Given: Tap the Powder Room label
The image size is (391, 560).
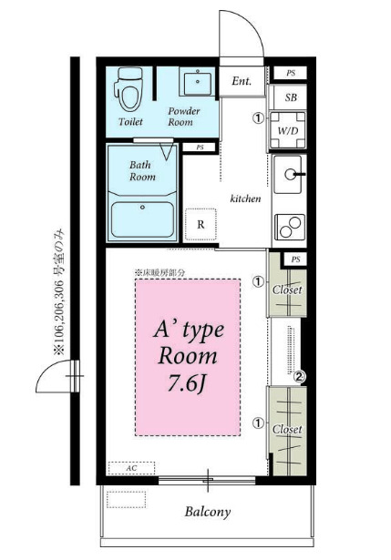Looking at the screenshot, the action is click(x=184, y=117).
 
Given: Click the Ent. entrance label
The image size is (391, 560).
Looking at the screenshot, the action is click(x=242, y=81).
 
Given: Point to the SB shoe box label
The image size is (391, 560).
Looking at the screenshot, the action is click(x=291, y=97).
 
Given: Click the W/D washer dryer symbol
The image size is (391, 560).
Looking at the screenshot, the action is click(x=288, y=130).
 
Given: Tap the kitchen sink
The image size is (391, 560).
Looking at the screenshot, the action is click(x=289, y=175).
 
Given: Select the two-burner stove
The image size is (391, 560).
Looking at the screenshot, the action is click(x=290, y=227).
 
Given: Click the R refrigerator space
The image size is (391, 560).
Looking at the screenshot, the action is click(x=201, y=225).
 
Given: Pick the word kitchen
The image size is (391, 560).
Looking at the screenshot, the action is click(x=245, y=199).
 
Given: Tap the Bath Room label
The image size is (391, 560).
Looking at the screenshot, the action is click(x=142, y=170).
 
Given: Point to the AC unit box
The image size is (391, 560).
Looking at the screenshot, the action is click(x=131, y=468).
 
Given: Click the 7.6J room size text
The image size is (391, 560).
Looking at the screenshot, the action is click(x=187, y=383).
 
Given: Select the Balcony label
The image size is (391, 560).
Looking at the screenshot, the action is click(x=208, y=512).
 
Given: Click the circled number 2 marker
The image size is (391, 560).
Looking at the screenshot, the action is click(x=300, y=376).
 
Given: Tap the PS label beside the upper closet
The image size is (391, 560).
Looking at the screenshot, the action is click(x=295, y=260).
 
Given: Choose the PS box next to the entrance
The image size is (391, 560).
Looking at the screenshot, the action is click(x=291, y=73).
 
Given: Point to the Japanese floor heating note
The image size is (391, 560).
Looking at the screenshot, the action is click(x=159, y=273).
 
